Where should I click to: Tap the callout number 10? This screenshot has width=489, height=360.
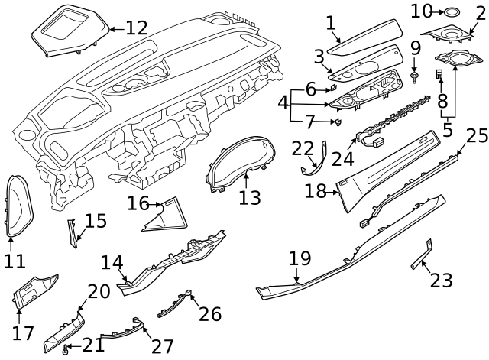tap(422, 11)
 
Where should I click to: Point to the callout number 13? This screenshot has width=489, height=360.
tap(250, 198)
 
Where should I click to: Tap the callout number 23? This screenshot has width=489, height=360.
tap(441, 281)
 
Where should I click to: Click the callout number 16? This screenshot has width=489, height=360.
tap(138, 203)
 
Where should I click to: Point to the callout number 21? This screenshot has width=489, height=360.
tap(93, 345)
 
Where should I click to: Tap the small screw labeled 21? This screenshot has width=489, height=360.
tap(66, 349)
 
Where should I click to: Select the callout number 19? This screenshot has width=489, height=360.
tap(300, 258)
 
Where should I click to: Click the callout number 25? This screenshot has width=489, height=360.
tap(477, 135)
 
